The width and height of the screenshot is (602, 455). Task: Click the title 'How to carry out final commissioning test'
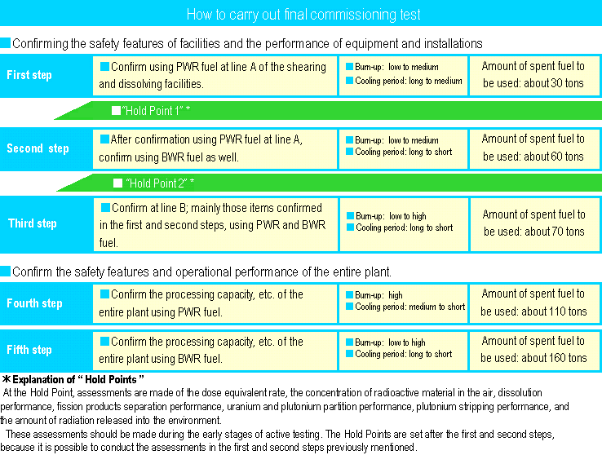[x=303, y=15]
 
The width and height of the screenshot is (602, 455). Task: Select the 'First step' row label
[x=29, y=75]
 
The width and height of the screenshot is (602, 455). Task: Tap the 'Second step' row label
[x=38, y=148]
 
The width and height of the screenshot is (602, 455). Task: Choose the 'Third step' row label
[x=33, y=223]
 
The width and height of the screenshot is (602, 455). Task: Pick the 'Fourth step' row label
[x=34, y=303]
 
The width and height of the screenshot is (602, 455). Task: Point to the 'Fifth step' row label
[x=29, y=350]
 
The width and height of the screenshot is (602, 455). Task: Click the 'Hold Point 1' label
[x=159, y=109]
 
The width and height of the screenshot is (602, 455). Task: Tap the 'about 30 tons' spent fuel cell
[x=533, y=75]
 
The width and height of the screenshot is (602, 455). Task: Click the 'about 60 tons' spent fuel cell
[x=533, y=148]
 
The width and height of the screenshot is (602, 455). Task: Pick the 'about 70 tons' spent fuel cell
[x=533, y=223]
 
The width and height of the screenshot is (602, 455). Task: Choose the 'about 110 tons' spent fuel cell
[x=533, y=303]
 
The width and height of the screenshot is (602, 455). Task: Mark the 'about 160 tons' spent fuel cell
[x=533, y=349]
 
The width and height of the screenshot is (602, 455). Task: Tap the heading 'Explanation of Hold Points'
[x=78, y=380]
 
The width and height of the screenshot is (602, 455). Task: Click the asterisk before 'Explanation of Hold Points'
[x=6, y=380]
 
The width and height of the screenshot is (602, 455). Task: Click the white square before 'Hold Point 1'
[x=116, y=109]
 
